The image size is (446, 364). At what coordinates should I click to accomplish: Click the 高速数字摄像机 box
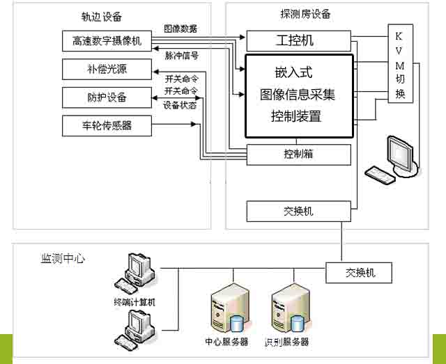[x=106, y=41]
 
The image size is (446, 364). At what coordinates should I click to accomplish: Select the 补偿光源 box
[x=106, y=69]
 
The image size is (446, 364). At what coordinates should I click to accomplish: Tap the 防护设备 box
[x=106, y=97]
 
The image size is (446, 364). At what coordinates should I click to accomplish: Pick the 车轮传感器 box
[x=106, y=125]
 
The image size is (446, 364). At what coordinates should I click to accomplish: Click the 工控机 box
[x=298, y=40]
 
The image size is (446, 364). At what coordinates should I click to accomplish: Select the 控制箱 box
[x=298, y=154]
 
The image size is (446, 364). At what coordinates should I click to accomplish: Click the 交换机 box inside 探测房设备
[x=298, y=210]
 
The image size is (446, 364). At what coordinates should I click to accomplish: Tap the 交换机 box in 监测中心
[x=359, y=272]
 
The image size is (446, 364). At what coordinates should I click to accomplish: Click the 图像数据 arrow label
[x=180, y=29]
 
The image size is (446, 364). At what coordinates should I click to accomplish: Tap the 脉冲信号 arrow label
[x=180, y=54]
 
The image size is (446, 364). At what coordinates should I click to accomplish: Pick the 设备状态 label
[x=180, y=106]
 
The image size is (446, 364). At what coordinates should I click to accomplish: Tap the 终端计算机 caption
[x=134, y=302]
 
